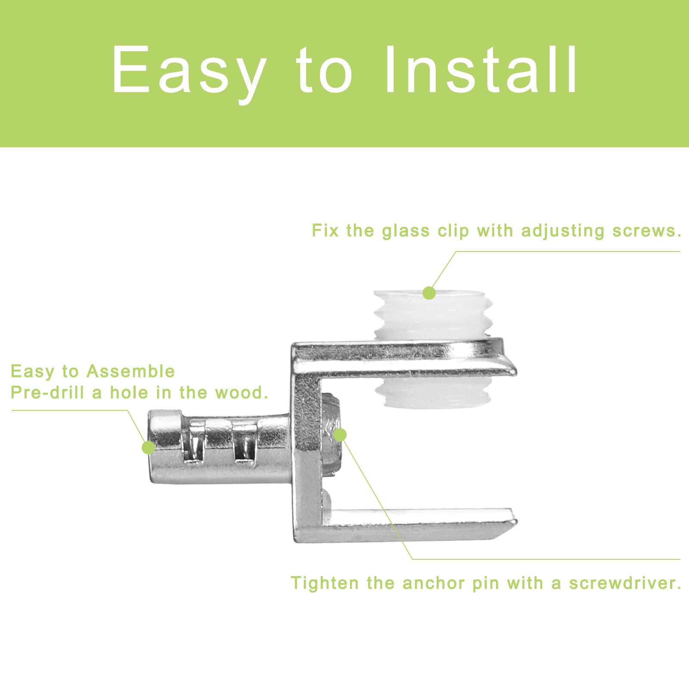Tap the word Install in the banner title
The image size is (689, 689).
[481, 69]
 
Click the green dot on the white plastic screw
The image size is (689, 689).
[429, 293]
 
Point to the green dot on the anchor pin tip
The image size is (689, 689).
[149, 447]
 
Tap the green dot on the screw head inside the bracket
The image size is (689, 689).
[340, 435]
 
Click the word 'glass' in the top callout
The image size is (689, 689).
[406, 232]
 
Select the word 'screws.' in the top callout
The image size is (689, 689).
[647, 231]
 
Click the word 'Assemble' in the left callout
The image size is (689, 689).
[131, 371]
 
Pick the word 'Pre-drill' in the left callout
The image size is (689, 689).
[47, 392]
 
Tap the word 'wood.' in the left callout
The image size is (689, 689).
[242, 392]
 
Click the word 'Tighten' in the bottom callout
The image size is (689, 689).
[325, 583]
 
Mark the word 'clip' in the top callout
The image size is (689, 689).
[453, 232]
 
